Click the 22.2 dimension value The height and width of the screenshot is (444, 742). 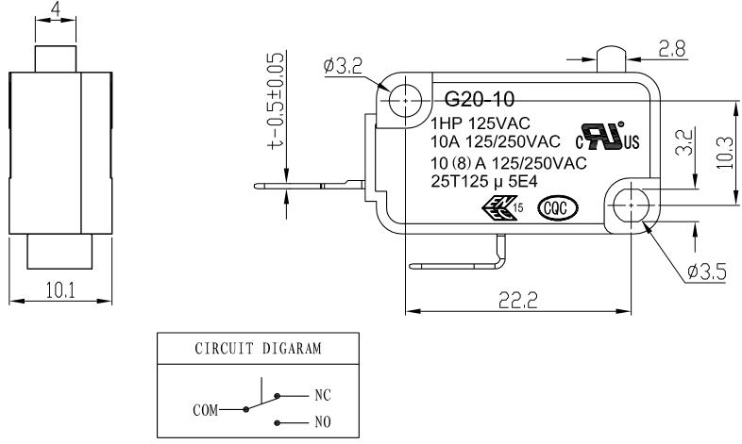[518, 301]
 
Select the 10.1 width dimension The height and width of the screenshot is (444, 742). [60, 290]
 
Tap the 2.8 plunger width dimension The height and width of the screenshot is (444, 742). [672, 49]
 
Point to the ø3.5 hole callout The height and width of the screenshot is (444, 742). [706, 272]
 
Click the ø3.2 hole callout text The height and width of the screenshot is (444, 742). [343, 66]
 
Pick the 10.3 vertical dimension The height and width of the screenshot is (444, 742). [724, 153]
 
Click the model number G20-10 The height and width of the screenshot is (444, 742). [479, 99]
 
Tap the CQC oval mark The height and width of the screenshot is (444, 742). [558, 208]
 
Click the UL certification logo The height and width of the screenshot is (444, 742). [607, 137]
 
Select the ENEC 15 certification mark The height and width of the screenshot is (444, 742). [502, 207]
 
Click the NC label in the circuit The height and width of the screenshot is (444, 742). [323, 395]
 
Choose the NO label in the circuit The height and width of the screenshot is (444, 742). [323, 421]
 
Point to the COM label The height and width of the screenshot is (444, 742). [206, 410]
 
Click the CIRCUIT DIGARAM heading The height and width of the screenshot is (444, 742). [258, 349]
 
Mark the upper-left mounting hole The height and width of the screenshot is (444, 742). [406, 101]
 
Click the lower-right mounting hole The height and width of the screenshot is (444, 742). [632, 205]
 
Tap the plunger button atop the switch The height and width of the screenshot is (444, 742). [611, 59]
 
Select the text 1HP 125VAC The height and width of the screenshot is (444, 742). [481, 123]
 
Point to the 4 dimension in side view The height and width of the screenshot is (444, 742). [56, 9]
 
